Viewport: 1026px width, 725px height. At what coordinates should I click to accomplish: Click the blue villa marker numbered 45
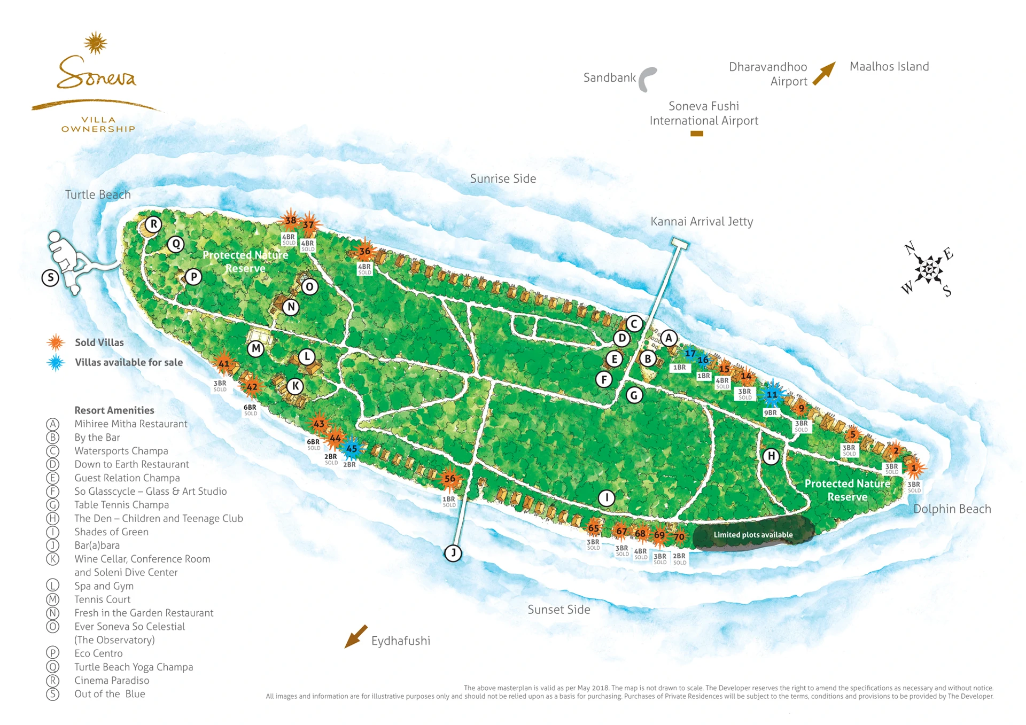pos(352,449)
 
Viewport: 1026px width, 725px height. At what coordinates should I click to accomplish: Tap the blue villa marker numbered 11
pos(772,395)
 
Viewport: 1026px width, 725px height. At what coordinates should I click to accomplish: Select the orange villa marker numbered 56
pos(450,479)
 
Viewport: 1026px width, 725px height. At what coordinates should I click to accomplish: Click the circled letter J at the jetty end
pos(453,553)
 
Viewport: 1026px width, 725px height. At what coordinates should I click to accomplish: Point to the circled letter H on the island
pos(771,456)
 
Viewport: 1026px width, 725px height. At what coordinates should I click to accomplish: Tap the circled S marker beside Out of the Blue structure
pos(50,278)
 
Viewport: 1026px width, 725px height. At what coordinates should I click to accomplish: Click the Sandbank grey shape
pos(648,79)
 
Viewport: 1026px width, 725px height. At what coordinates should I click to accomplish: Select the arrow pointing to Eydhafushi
pos(356,636)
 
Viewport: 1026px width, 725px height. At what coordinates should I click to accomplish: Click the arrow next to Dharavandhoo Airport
pos(824,73)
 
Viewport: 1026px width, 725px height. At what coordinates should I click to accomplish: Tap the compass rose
pos(929,269)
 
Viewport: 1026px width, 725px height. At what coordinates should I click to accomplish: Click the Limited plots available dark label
pos(753,534)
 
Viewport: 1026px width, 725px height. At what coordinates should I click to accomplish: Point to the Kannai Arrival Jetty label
pos(701,221)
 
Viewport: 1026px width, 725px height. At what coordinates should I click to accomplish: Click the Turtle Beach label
pos(98,194)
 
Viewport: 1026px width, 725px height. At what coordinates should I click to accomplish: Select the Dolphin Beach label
pos(952,509)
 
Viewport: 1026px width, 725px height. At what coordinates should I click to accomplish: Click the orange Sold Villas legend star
pos(56,342)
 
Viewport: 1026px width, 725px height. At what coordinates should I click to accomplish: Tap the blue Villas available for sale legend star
pos(56,363)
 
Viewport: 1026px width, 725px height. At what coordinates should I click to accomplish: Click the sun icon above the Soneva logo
pos(96,43)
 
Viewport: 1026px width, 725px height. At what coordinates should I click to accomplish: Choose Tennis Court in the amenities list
pos(102,599)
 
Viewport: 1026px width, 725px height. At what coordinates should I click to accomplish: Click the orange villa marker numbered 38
pos(290,220)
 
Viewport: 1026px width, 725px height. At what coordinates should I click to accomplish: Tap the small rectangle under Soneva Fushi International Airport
pos(696,134)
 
